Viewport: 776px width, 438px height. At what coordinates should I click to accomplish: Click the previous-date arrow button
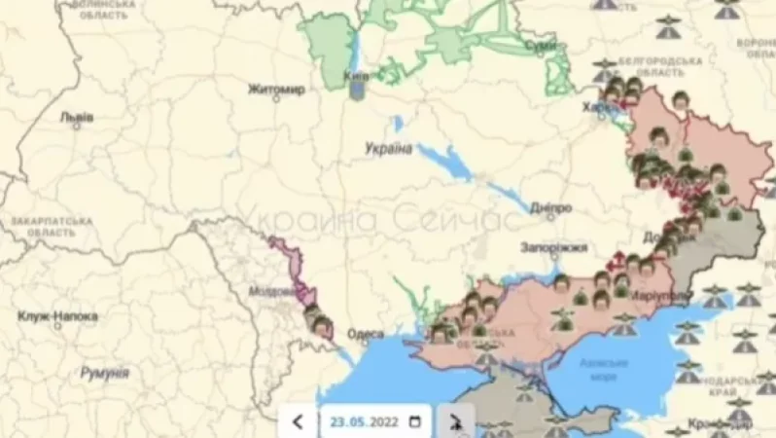tap(298, 421)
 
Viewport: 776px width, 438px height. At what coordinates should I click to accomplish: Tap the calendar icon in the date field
tap(415, 421)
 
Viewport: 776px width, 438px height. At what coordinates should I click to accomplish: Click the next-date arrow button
tap(455, 421)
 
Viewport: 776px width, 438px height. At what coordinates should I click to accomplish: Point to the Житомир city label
tap(276, 90)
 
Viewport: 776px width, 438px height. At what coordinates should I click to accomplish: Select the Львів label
tap(77, 117)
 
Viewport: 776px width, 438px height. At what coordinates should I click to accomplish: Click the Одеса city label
tap(366, 335)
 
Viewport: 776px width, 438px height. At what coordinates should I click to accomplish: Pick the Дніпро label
tap(551, 208)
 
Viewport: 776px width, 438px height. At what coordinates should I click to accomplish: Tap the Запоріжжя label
tap(553, 247)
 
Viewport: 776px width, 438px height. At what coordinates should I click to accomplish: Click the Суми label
tap(541, 45)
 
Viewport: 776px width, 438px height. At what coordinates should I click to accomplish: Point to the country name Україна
tap(388, 148)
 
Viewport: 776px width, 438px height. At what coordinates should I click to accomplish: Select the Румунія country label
tap(104, 373)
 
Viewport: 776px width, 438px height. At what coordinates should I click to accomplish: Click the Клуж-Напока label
tap(58, 316)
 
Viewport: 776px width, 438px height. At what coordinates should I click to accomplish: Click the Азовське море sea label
tap(603, 368)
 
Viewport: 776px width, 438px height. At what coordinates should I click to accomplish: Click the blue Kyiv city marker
tap(357, 90)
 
